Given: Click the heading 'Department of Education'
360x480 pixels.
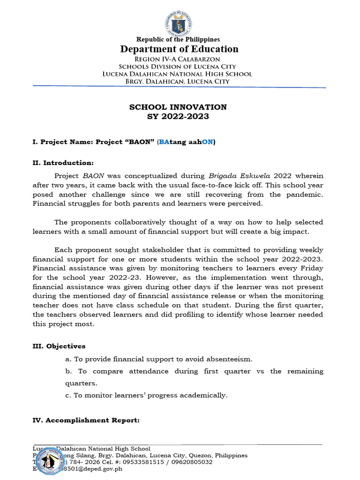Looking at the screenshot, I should pyautogui.click(x=179, y=49).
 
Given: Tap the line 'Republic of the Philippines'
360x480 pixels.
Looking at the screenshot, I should pyautogui.click(x=178, y=39).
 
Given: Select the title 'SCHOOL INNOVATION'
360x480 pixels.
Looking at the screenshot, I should pyautogui.click(x=178, y=107).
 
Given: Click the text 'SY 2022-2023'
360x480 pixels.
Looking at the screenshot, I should pyautogui.click(x=178, y=116).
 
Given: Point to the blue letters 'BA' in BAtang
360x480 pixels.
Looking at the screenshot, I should pyautogui.click(x=164, y=142).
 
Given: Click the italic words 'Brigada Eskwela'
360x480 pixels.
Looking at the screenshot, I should pyautogui.click(x=232, y=176).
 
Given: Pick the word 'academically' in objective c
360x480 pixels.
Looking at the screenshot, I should pyautogui.click(x=204, y=395).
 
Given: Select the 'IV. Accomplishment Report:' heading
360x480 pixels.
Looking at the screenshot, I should pyautogui.click(x=86, y=420).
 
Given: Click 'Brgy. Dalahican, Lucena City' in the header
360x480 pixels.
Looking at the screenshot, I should pyautogui.click(x=178, y=82).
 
